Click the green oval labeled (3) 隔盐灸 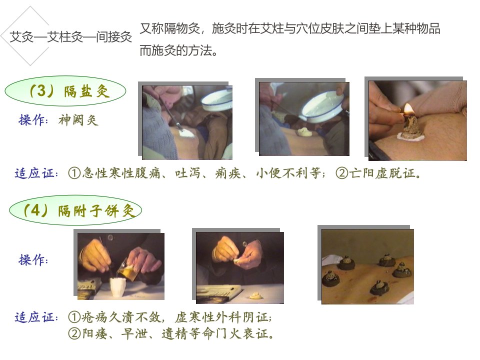pos(65,91)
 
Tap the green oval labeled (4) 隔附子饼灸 pos(75,210)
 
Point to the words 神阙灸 pos(78,120)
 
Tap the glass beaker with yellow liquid pos(126,269)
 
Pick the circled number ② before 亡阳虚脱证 pos(342,173)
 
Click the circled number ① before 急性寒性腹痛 pos(74,173)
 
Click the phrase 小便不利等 pos(288,173)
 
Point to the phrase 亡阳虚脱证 pos(382,173)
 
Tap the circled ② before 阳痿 pos(74,333)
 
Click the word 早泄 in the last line pos(134,333)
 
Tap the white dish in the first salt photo pos(216,99)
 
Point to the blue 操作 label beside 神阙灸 pos(33,120)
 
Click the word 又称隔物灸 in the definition pos(170,28)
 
